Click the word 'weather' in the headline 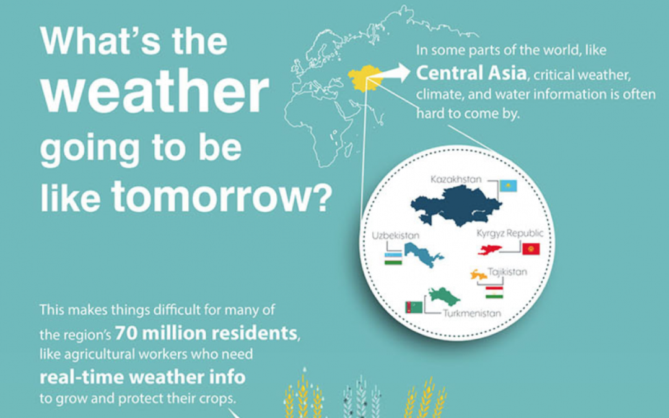pyautogui.click(x=155, y=93)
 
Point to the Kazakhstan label pyautogui.click(x=457, y=180)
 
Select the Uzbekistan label pyautogui.click(x=396, y=236)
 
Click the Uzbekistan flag pyautogui.click(x=393, y=258)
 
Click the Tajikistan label pyautogui.click(x=507, y=272)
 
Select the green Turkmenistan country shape pyautogui.click(x=444, y=297)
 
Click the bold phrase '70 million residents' pyautogui.click(x=206, y=334)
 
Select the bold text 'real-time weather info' pyautogui.click(x=142, y=377)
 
